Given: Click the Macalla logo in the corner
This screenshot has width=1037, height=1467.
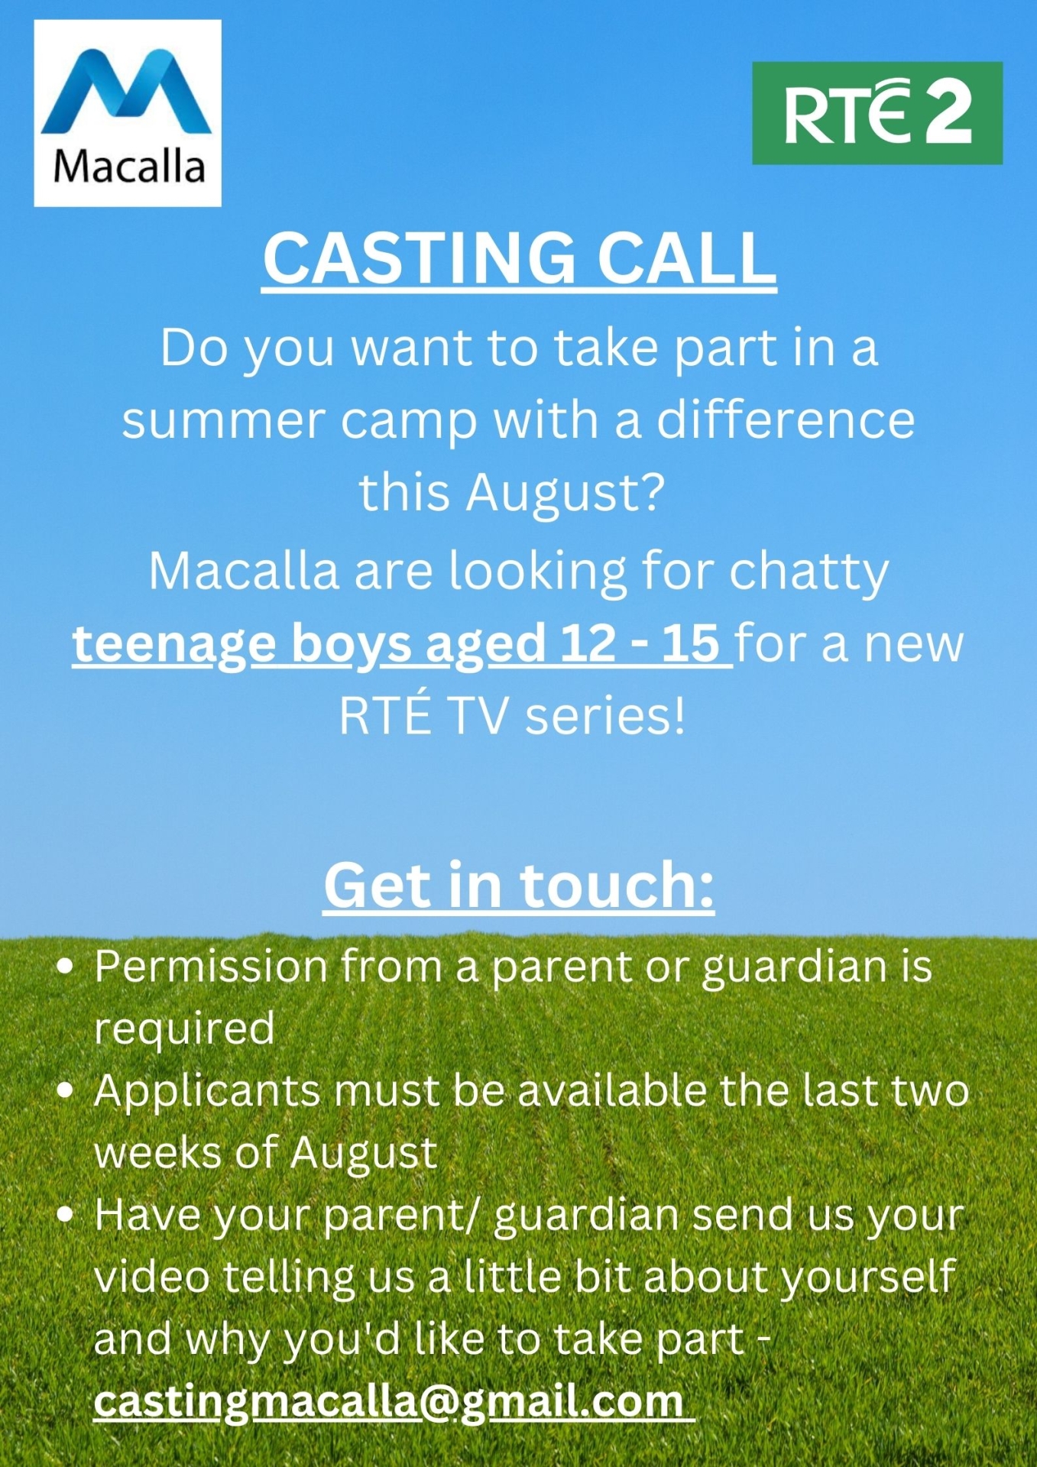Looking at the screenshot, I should (128, 113).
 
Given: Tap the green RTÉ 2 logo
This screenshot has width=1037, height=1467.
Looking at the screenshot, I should (877, 113).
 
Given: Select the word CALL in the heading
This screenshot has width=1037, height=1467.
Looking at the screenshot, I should (685, 257).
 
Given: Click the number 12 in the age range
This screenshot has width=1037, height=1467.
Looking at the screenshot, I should (587, 643).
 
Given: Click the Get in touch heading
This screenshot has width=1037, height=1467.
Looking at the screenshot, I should (519, 886).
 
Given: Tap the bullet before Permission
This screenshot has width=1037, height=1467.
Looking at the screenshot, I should (66, 967).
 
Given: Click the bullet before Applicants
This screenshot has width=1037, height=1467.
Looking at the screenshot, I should (66, 1091).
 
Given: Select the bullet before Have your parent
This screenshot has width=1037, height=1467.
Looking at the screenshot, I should (66, 1215).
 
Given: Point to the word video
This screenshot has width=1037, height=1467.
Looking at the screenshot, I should (151, 1277).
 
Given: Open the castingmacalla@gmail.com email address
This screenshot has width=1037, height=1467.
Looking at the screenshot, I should (390, 1401).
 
